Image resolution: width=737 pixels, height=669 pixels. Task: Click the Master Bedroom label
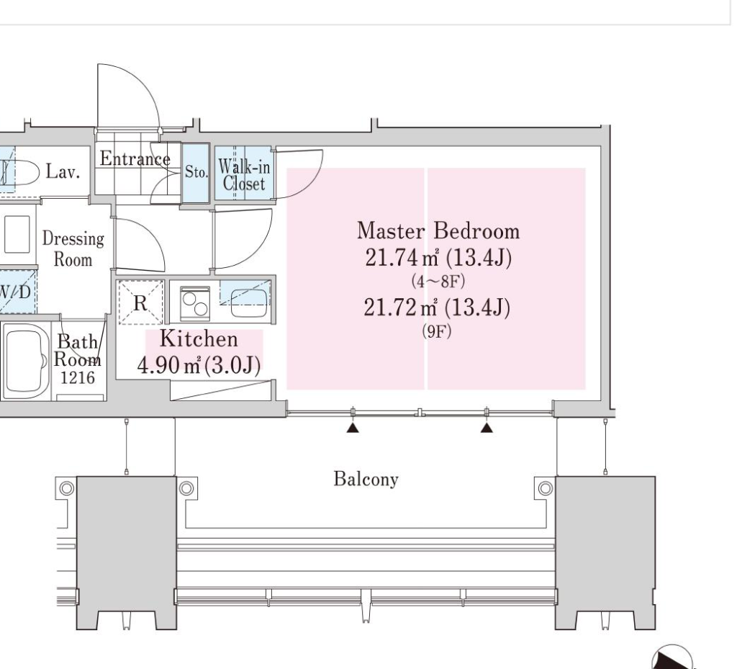tap(438, 231)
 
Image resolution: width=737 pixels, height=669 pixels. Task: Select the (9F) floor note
tap(437, 331)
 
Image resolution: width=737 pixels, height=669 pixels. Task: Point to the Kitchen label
tap(199, 339)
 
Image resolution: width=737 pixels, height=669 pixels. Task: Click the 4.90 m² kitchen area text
tap(168, 365)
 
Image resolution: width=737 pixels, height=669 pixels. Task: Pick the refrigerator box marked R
tap(140, 302)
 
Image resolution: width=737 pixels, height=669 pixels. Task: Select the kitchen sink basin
tap(249, 302)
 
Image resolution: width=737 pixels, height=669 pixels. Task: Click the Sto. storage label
tap(196, 172)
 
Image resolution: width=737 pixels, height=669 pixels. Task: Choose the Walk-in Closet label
tap(245, 175)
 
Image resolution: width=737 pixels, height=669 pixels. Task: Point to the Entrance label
tap(135, 158)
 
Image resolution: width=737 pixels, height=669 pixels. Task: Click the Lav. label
tap(63, 171)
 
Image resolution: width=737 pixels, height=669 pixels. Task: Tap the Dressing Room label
tap(73, 248)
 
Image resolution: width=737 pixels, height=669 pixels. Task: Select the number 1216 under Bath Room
tap(78, 377)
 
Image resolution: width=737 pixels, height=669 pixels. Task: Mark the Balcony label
tap(366, 479)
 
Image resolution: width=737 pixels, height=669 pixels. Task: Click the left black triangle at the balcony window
tap(353, 427)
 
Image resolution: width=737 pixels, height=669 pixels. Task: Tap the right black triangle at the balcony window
tap(487, 427)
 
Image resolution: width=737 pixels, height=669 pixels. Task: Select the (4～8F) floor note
tap(438, 282)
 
